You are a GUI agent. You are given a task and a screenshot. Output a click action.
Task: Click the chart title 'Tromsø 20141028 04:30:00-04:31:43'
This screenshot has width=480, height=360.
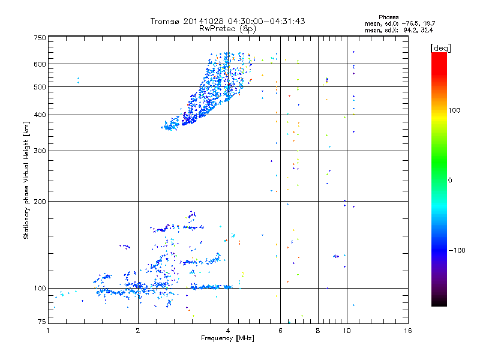tap(228, 21)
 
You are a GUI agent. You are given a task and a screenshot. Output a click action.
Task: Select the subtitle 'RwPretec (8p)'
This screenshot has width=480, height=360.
tap(228, 28)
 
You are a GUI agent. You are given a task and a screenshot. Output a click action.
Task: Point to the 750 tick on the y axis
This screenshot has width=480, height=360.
tap(40, 37)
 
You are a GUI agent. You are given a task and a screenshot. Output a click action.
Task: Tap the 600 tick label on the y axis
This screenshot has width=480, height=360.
tap(40, 64)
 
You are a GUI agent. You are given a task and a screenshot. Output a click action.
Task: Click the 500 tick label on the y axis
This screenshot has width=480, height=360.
tap(40, 86)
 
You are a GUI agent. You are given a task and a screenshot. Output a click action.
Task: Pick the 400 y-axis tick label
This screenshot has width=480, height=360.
tap(40, 115)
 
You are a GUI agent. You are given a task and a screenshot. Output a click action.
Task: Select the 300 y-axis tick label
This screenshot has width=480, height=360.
tap(40, 151)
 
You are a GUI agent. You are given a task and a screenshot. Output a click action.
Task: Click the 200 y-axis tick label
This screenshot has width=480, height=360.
tap(40, 201)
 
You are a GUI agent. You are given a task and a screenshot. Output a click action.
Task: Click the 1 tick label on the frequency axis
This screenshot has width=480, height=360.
tap(48, 331)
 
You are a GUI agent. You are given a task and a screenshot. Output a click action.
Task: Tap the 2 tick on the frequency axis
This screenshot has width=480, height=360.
tap(138, 331)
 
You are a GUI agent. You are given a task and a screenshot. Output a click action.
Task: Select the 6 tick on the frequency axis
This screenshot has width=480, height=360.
tap(280, 331)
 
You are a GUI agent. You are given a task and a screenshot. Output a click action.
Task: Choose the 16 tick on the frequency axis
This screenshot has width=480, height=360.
tap(407, 331)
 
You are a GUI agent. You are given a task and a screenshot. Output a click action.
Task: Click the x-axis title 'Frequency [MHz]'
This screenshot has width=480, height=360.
tap(227, 339)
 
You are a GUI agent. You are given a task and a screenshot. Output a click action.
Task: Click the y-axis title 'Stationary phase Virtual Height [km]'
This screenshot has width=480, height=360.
tap(26, 180)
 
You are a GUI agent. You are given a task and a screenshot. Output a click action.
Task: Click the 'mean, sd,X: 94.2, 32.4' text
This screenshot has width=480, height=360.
tap(394, 29)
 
